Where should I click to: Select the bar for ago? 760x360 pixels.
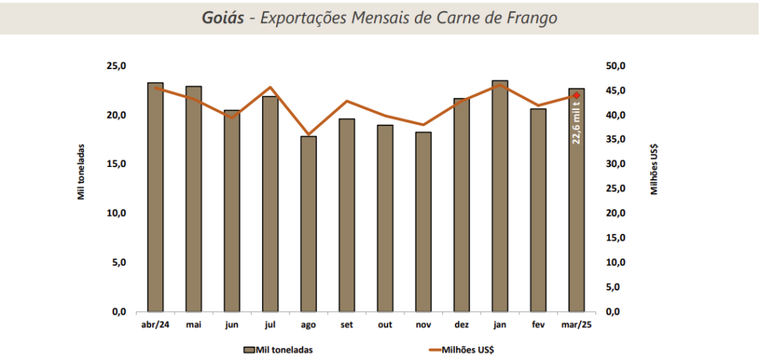308,223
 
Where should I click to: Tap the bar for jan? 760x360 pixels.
499,196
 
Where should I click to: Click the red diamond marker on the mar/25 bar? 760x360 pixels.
577,95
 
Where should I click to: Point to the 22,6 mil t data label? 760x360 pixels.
577,123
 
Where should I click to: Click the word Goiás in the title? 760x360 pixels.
223,17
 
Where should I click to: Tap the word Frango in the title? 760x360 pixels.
531,17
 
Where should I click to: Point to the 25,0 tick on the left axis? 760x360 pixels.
117,66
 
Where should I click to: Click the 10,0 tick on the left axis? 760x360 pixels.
117,213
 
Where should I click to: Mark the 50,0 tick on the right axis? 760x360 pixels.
617,66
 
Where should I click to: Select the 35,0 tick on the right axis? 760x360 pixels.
617,140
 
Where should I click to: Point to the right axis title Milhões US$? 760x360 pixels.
655,167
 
